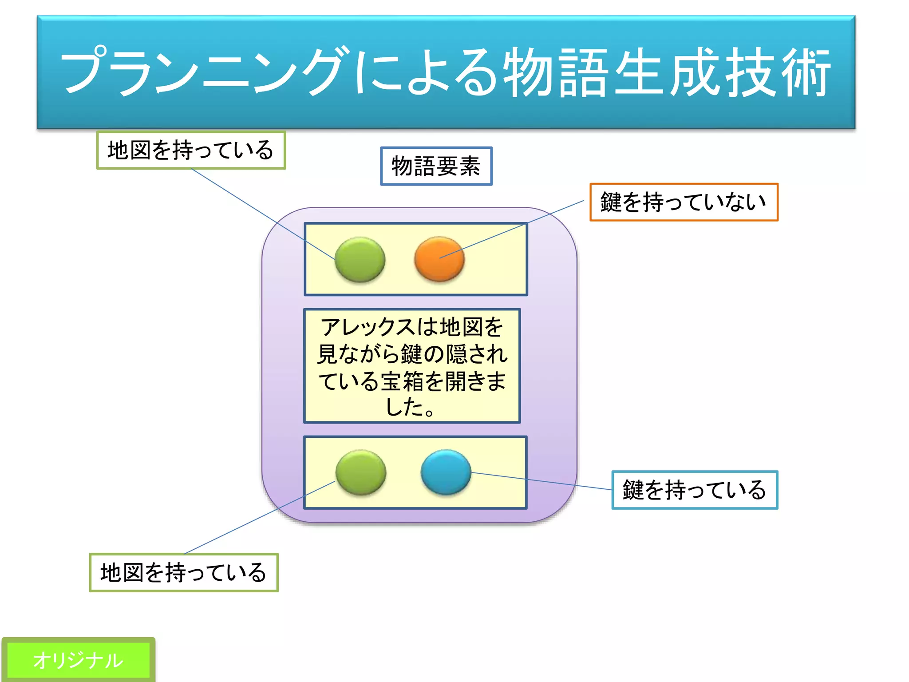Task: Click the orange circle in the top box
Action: [x=439, y=259]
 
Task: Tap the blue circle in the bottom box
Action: [x=446, y=472]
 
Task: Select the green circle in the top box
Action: [x=360, y=259]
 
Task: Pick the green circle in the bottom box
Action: [x=360, y=472]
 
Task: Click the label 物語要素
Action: [x=436, y=166]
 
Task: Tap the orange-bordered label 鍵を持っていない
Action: [x=684, y=202]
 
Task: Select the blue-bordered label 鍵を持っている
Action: [x=695, y=490]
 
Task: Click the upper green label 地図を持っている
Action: [x=191, y=150]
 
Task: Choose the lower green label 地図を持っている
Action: [x=184, y=572]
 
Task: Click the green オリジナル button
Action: [x=78, y=660]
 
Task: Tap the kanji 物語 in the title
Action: [x=555, y=72]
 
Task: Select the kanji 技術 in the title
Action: [x=777, y=72]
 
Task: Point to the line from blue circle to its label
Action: [x=541, y=481]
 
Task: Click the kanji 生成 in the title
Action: [x=666, y=72]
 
